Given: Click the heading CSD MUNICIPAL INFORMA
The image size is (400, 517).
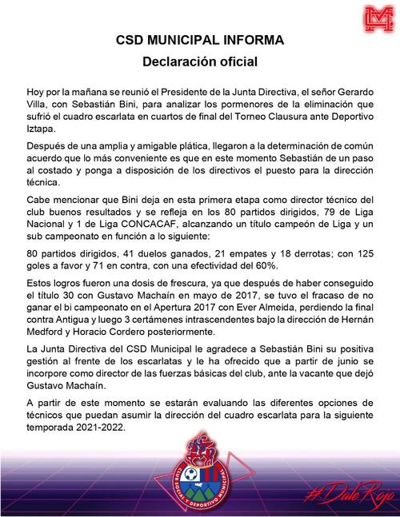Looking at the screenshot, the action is pyautogui.click(x=200, y=38).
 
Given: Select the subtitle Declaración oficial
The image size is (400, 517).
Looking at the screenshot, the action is pyautogui.click(x=200, y=60).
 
